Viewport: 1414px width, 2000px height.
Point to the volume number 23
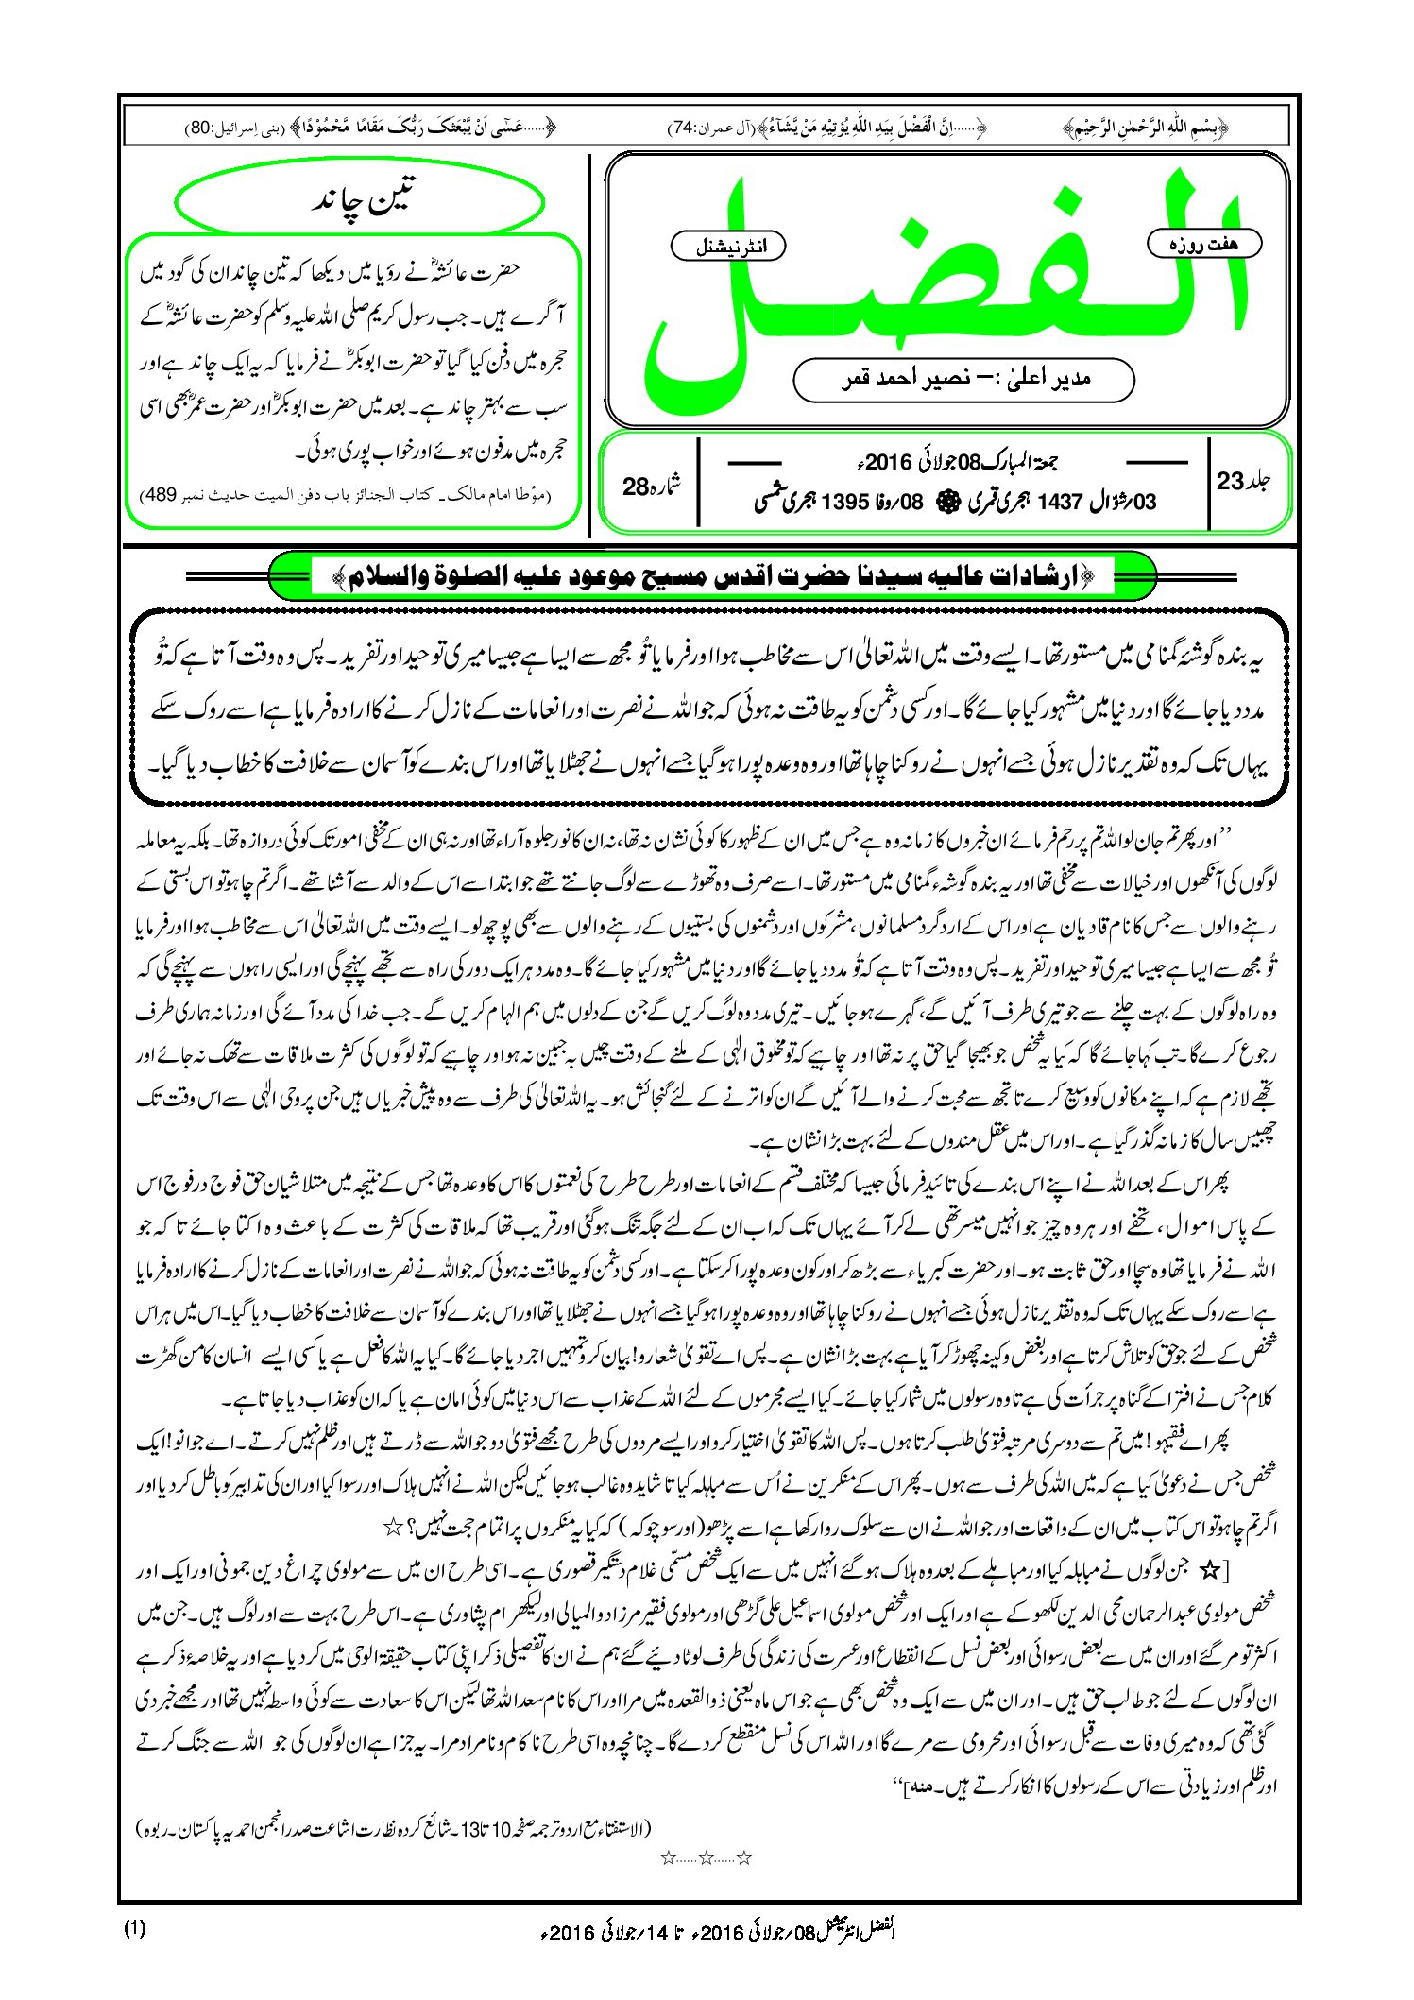pos(1231,481)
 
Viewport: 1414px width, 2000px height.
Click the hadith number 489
pos(158,496)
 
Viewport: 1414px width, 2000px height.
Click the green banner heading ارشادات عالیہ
pos(712,576)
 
